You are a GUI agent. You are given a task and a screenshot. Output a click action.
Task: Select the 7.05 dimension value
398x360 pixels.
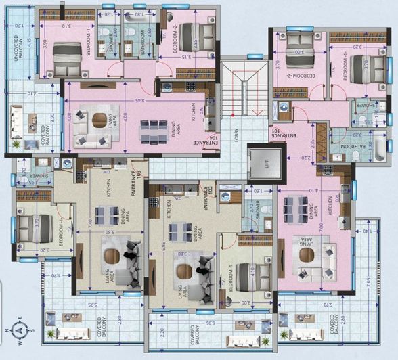pos(368,279)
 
